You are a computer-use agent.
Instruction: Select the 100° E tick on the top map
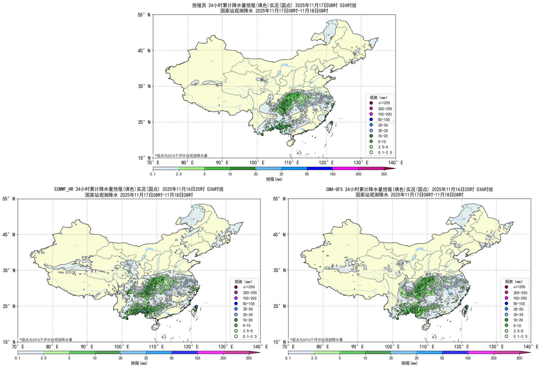click(257, 163)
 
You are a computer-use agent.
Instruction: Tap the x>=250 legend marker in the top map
click(371, 103)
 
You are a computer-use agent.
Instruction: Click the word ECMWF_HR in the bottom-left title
click(64, 189)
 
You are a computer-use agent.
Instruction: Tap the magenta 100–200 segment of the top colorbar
click(345, 169)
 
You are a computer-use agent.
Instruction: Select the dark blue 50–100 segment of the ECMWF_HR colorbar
click(184, 353)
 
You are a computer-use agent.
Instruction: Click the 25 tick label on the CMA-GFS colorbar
click(416, 358)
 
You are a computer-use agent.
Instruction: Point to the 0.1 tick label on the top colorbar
click(153, 174)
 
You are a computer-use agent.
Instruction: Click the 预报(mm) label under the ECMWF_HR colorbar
click(139, 363)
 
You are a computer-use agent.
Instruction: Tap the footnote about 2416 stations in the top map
click(181, 156)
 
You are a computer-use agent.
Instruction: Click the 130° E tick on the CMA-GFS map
click(496, 347)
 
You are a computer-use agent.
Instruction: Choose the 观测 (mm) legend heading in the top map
click(378, 97)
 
